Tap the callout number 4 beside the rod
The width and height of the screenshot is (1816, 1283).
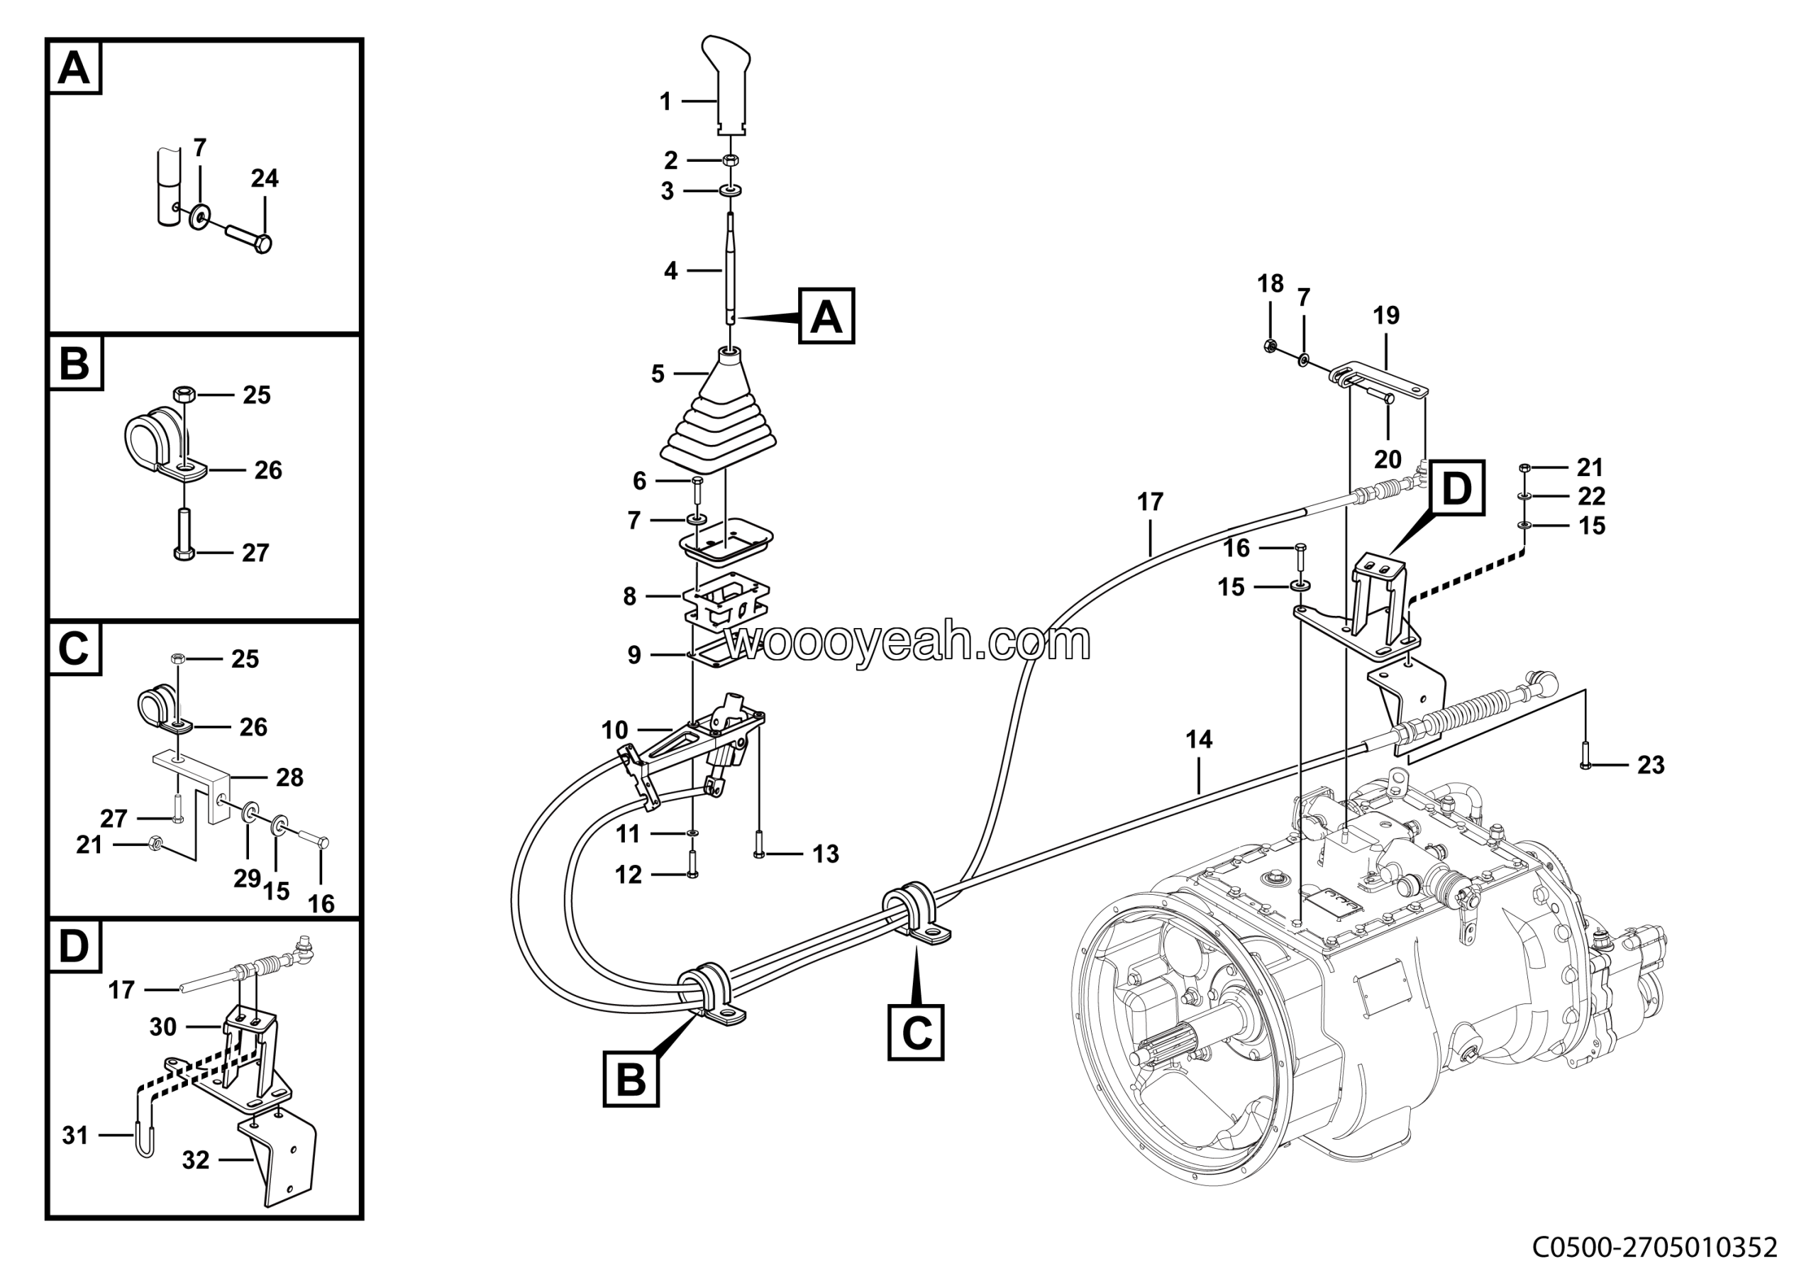click(x=671, y=270)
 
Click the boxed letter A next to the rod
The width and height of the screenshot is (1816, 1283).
click(x=826, y=316)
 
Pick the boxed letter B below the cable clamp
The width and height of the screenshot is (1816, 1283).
click(x=631, y=1078)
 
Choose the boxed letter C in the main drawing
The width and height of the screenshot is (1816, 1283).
click(x=916, y=1033)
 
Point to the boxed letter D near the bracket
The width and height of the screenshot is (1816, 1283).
click(x=1457, y=488)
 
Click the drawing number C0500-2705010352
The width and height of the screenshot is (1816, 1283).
click(x=1656, y=1248)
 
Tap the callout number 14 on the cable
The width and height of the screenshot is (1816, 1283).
click(x=1199, y=739)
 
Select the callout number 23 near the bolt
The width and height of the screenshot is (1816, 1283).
click(x=1651, y=765)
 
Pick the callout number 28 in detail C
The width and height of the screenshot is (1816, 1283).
click(x=289, y=778)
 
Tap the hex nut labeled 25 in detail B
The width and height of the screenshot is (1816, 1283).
click(x=184, y=393)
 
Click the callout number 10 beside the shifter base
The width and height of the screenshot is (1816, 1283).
click(x=614, y=730)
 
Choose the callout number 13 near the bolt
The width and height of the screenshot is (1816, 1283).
click(x=826, y=854)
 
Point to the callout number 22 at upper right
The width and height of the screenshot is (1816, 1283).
click(x=1591, y=496)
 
